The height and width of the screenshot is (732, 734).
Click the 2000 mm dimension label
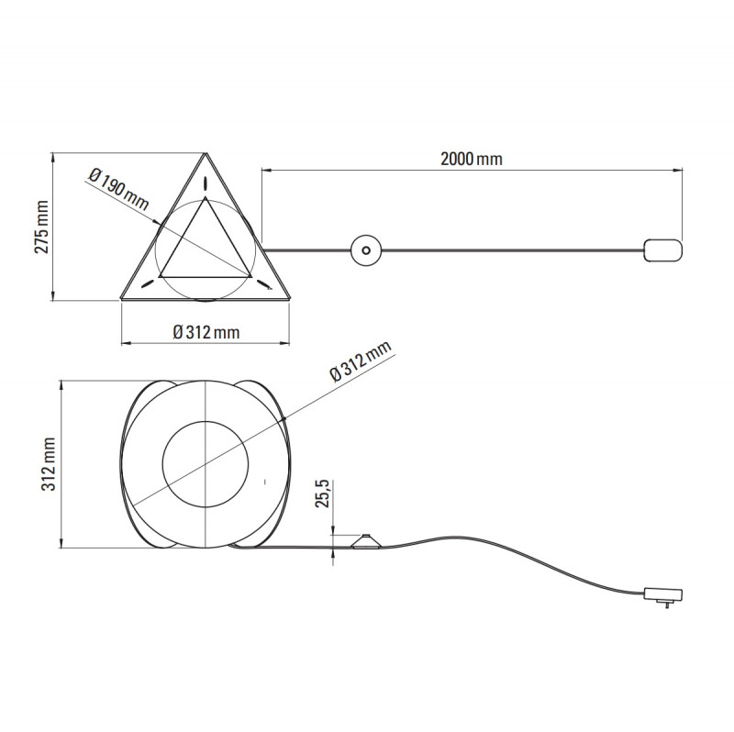pyautogui.click(x=471, y=159)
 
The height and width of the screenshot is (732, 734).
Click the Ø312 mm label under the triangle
pyautogui.click(x=206, y=332)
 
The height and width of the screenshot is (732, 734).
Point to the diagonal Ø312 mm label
pyautogui.click(x=361, y=360)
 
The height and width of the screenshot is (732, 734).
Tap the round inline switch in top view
pyautogui.click(x=366, y=250)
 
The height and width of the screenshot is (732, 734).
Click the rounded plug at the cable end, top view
pyautogui.click(x=663, y=250)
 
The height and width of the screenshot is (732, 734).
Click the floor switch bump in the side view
pyautogui.click(x=366, y=539)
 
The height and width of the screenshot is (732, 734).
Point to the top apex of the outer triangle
pyautogui.click(x=206, y=154)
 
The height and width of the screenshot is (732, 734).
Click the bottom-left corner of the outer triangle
pyautogui.click(x=122, y=298)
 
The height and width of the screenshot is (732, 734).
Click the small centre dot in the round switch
pyautogui.click(x=366, y=250)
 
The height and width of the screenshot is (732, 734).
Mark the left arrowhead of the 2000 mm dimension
pyautogui.click(x=265, y=170)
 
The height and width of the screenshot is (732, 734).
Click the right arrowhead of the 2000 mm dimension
pyautogui.click(x=681, y=170)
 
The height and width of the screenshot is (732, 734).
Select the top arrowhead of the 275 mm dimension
pyautogui.click(x=52, y=154)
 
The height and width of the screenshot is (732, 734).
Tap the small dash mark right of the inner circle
pyautogui.click(x=264, y=479)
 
